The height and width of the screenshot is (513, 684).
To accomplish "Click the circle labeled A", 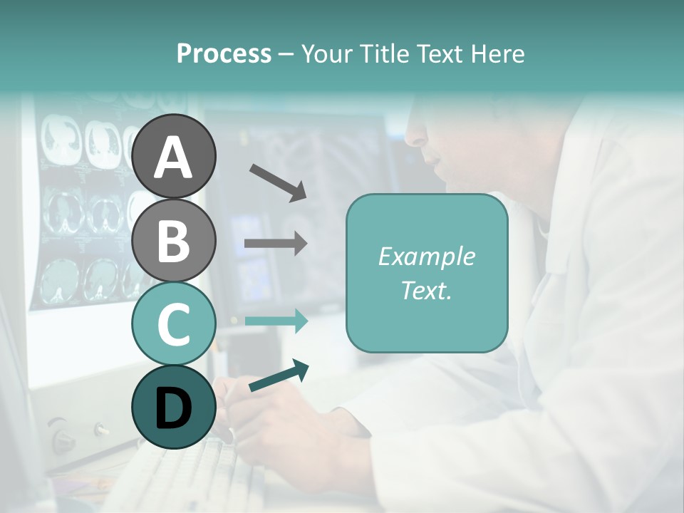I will click(174, 156).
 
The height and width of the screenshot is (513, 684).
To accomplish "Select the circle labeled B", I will click(174, 240).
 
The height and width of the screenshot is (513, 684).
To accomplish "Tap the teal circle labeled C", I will click(174, 323).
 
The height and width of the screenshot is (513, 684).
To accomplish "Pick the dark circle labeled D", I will click(174, 407).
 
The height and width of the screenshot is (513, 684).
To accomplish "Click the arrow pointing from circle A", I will click(278, 182).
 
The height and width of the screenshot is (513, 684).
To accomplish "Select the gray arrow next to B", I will click(276, 244).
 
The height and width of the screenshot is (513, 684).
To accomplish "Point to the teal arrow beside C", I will click(276, 321).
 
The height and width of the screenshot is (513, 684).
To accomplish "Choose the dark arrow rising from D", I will click(279, 376).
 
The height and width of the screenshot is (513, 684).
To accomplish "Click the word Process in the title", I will click(224, 54).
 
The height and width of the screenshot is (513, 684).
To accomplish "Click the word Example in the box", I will click(427, 256).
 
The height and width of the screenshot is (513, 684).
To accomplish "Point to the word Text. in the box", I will click(427, 290).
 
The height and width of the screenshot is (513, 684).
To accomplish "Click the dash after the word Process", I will click(286, 54).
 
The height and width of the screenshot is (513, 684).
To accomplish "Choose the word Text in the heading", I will click(440, 54).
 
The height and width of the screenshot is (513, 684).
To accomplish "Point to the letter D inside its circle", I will click(174, 408).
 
